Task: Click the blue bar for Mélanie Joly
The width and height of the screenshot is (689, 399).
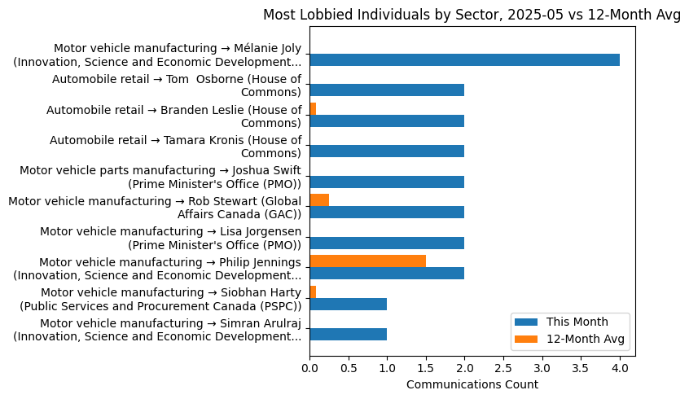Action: click(464, 59)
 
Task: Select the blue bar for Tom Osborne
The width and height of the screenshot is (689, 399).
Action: click(387, 90)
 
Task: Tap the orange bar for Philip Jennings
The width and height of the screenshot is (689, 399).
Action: click(367, 261)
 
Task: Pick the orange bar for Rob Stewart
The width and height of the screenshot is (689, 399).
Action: click(319, 199)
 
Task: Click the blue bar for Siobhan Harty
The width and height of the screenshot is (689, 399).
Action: click(348, 304)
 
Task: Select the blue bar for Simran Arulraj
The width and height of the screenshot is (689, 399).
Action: click(348, 334)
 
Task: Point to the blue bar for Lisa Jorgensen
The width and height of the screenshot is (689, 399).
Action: click(387, 243)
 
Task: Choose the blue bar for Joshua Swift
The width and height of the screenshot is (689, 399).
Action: click(387, 182)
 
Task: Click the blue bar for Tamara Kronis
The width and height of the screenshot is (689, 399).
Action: click(387, 151)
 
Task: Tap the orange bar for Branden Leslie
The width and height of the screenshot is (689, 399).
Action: click(313, 108)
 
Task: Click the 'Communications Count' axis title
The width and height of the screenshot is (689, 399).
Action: click(472, 384)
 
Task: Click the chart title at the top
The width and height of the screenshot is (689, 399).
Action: click(472, 15)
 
